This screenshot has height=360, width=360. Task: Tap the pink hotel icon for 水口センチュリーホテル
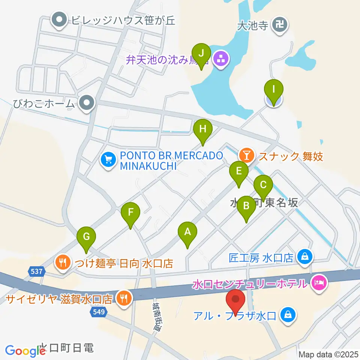tap(319, 280)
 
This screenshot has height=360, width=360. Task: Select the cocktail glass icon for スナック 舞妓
tap(246, 154)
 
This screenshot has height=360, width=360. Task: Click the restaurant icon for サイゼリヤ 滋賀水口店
tap(123, 298)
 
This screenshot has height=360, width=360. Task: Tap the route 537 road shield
tap(36, 271)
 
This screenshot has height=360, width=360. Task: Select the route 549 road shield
tap(97, 311)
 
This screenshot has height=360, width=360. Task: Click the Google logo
tap(25, 351)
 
